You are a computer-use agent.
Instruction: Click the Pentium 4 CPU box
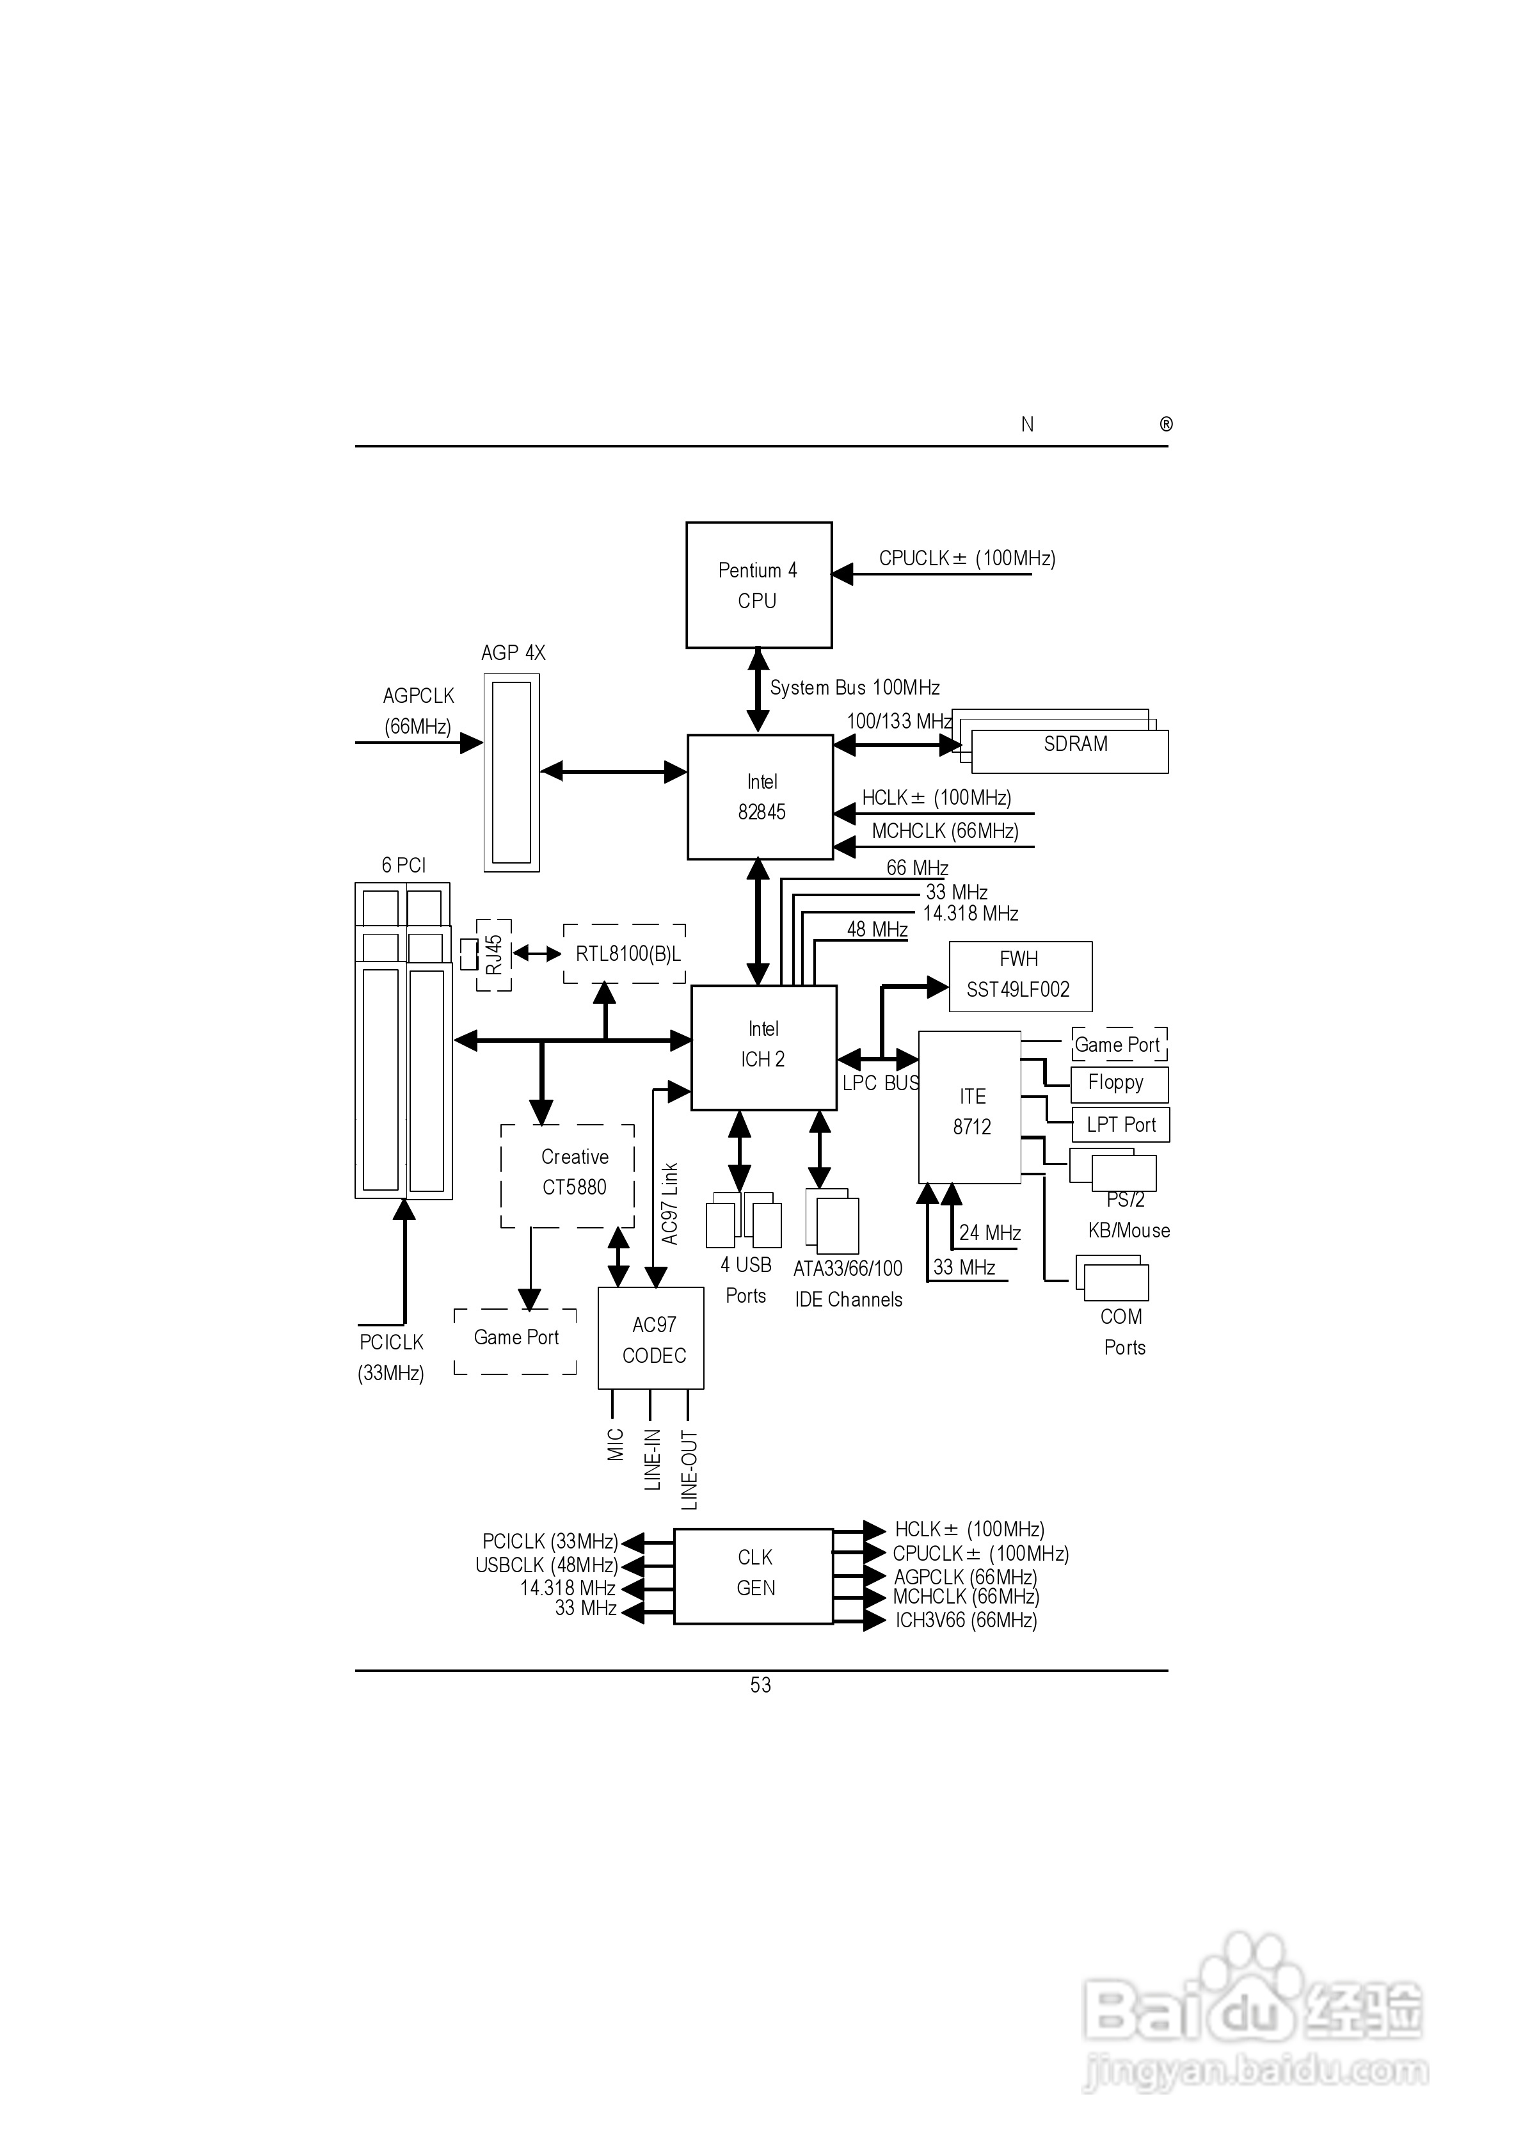(759, 585)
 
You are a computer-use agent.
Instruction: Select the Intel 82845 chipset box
(761, 797)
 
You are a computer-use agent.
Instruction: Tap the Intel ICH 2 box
(763, 1048)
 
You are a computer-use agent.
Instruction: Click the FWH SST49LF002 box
(1021, 977)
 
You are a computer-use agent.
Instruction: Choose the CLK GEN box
(754, 1577)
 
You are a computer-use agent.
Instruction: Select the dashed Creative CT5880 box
(567, 1176)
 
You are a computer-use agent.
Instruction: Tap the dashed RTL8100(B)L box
(625, 954)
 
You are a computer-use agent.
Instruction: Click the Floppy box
(1119, 1084)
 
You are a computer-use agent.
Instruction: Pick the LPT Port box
(1120, 1125)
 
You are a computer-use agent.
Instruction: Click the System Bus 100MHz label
(854, 688)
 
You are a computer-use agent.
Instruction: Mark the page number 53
(761, 1685)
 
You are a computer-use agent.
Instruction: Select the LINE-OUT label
(689, 1470)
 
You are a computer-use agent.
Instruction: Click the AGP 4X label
(513, 652)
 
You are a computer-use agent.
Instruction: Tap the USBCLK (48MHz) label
(546, 1565)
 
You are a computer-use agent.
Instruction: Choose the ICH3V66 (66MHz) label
(966, 1621)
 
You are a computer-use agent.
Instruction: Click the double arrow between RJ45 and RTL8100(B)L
(537, 954)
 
